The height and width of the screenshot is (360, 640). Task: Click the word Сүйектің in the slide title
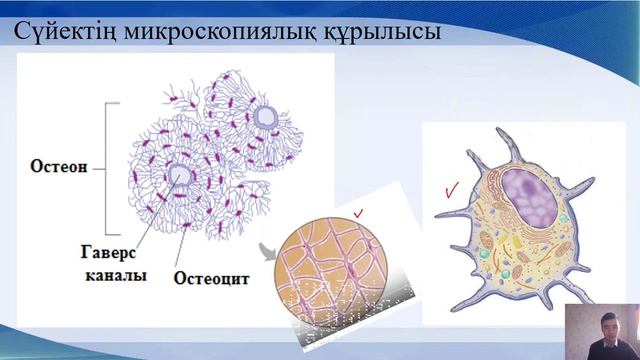tap(62, 34)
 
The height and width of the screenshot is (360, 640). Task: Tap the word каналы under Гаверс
tap(111, 273)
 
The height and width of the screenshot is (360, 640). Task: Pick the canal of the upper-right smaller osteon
tap(267, 118)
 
